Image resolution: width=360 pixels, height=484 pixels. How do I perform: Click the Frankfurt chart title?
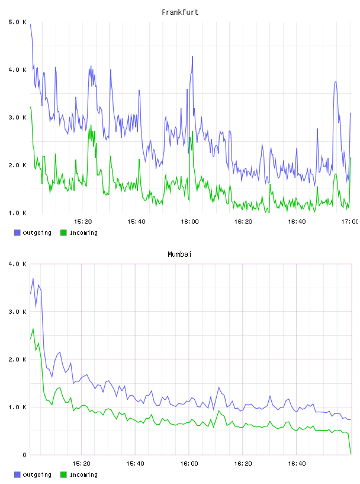pyautogui.click(x=180, y=12)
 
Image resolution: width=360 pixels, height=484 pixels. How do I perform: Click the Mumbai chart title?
pyautogui.click(x=179, y=254)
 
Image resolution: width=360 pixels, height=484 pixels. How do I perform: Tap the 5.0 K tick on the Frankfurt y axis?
pyautogui.click(x=17, y=22)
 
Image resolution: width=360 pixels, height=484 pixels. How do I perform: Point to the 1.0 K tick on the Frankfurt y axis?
pyautogui.click(x=17, y=213)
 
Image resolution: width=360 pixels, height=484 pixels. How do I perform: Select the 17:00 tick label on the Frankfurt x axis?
pyautogui.click(x=349, y=222)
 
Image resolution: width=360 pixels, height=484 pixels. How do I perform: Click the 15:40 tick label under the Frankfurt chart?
pyautogui.click(x=136, y=222)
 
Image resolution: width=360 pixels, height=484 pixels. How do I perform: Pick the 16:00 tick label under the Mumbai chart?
pyautogui.click(x=189, y=464)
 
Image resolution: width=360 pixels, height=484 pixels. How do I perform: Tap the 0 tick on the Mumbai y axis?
pyautogui.click(x=25, y=455)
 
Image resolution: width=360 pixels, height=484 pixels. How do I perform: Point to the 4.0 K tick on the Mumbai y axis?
pyautogui.click(x=17, y=264)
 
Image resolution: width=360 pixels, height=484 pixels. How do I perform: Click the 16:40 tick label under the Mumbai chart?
pyautogui.click(x=297, y=464)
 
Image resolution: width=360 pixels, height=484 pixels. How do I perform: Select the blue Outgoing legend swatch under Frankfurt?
pyautogui.click(x=17, y=233)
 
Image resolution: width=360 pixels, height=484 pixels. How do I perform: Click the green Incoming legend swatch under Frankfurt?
pyautogui.click(x=63, y=233)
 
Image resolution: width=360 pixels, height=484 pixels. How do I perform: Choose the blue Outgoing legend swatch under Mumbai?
pyautogui.click(x=17, y=475)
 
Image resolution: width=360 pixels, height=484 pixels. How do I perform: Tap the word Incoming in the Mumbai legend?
pyautogui.click(x=83, y=475)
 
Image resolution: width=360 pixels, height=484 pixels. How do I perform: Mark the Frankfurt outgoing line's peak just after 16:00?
pyautogui.click(x=192, y=56)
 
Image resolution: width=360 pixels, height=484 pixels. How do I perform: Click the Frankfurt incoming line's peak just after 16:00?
pyautogui.click(x=192, y=131)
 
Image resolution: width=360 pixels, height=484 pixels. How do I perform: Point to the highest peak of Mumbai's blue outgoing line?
pyautogui.click(x=33, y=278)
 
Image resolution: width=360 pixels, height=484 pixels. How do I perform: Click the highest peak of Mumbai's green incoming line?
pyautogui.click(x=33, y=329)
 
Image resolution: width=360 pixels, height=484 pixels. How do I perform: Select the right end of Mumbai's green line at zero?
pyautogui.click(x=351, y=453)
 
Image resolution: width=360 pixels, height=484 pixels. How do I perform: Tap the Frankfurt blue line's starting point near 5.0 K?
pyautogui.click(x=31, y=25)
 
